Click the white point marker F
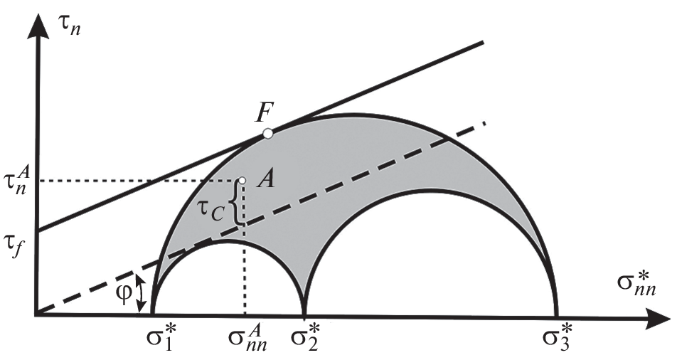(x=267, y=134)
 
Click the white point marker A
(x=242, y=180)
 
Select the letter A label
(x=265, y=178)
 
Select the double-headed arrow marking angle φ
(x=141, y=293)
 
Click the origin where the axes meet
(x=37, y=314)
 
